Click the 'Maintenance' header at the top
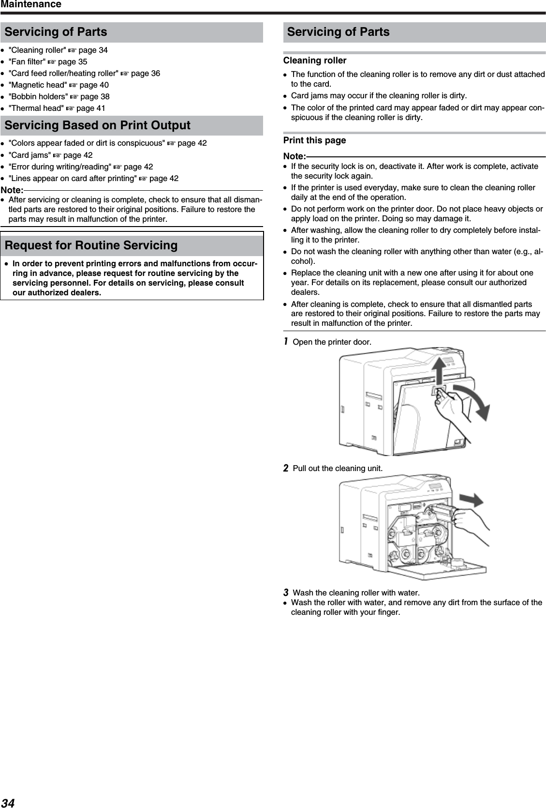tap(31, 4)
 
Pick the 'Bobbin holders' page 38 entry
tap(59, 96)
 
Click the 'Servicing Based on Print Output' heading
tap(97, 125)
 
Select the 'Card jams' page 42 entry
tap(50, 155)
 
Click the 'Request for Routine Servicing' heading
tap(91, 245)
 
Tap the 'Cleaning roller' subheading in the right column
tap(314, 61)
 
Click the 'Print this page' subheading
tap(314, 140)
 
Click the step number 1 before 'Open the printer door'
tap(286, 342)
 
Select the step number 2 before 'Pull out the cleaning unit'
tap(286, 468)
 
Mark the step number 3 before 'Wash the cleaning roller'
tap(286, 593)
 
